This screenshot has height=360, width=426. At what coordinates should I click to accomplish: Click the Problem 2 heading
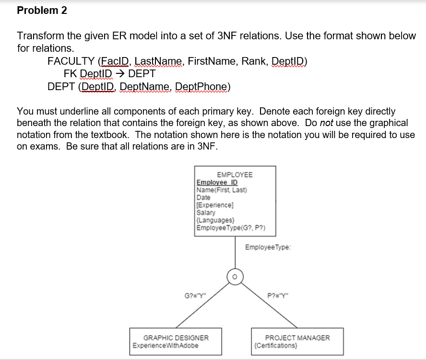pos(42,11)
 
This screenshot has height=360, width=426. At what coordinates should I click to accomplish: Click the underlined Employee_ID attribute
pos(217,183)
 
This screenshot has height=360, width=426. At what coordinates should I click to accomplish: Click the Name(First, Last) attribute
pos(222,190)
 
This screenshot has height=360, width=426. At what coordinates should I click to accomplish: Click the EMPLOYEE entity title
pos(235,174)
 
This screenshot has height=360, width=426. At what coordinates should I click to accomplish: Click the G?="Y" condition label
pos(195,294)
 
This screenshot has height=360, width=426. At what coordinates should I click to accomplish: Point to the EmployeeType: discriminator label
pos(268,247)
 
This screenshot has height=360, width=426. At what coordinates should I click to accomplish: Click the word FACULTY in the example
pos(71,61)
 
